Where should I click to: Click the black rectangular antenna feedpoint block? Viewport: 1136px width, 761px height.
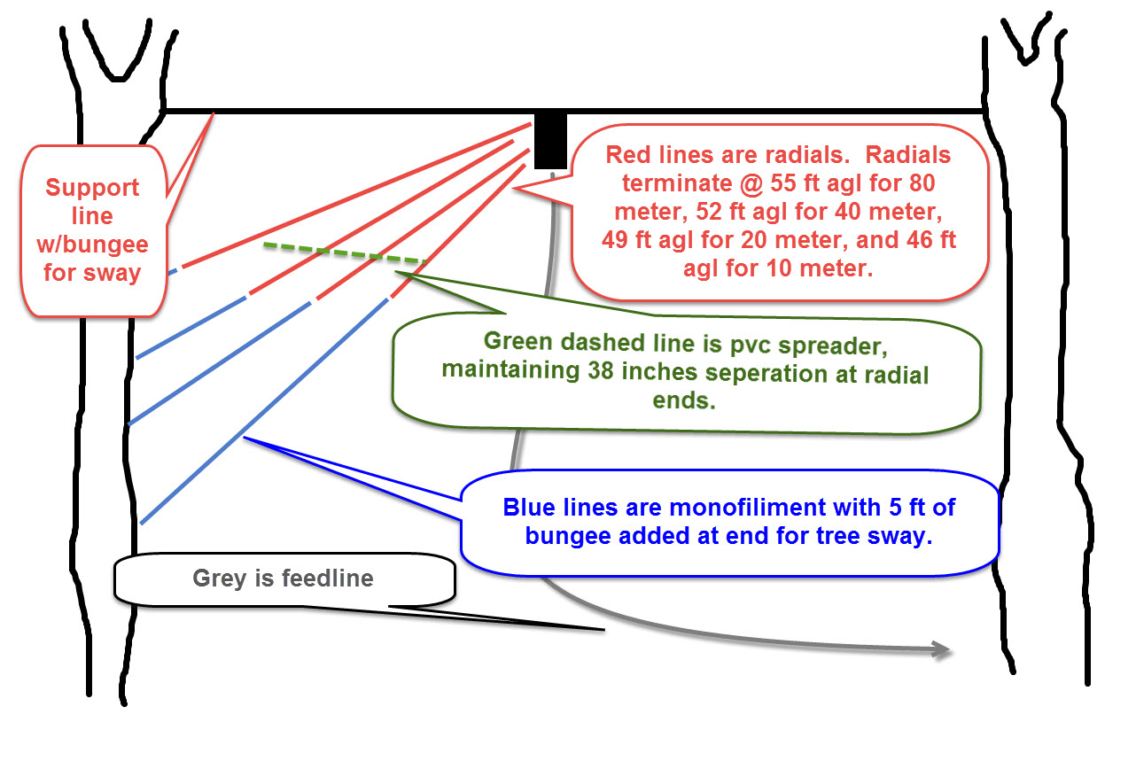550,141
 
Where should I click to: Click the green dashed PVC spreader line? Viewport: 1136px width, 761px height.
346,254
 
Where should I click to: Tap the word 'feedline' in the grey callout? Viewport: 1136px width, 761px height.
328,579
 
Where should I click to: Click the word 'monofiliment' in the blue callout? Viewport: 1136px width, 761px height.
774,509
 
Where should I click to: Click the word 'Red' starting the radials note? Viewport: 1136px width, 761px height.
625,156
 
